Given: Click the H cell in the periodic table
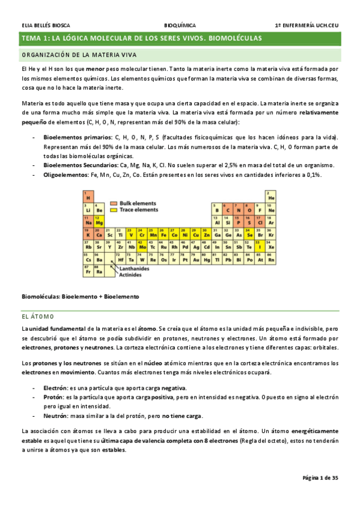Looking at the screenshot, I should [88, 196].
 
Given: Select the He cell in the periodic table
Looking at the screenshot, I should [271, 196].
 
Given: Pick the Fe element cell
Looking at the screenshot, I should [164, 234].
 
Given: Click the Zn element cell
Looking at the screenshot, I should [207, 234].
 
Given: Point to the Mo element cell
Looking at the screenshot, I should [142, 246].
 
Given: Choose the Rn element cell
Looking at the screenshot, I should [271, 259].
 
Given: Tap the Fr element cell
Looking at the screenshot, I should [88, 271].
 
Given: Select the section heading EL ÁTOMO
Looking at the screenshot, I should [38, 316].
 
